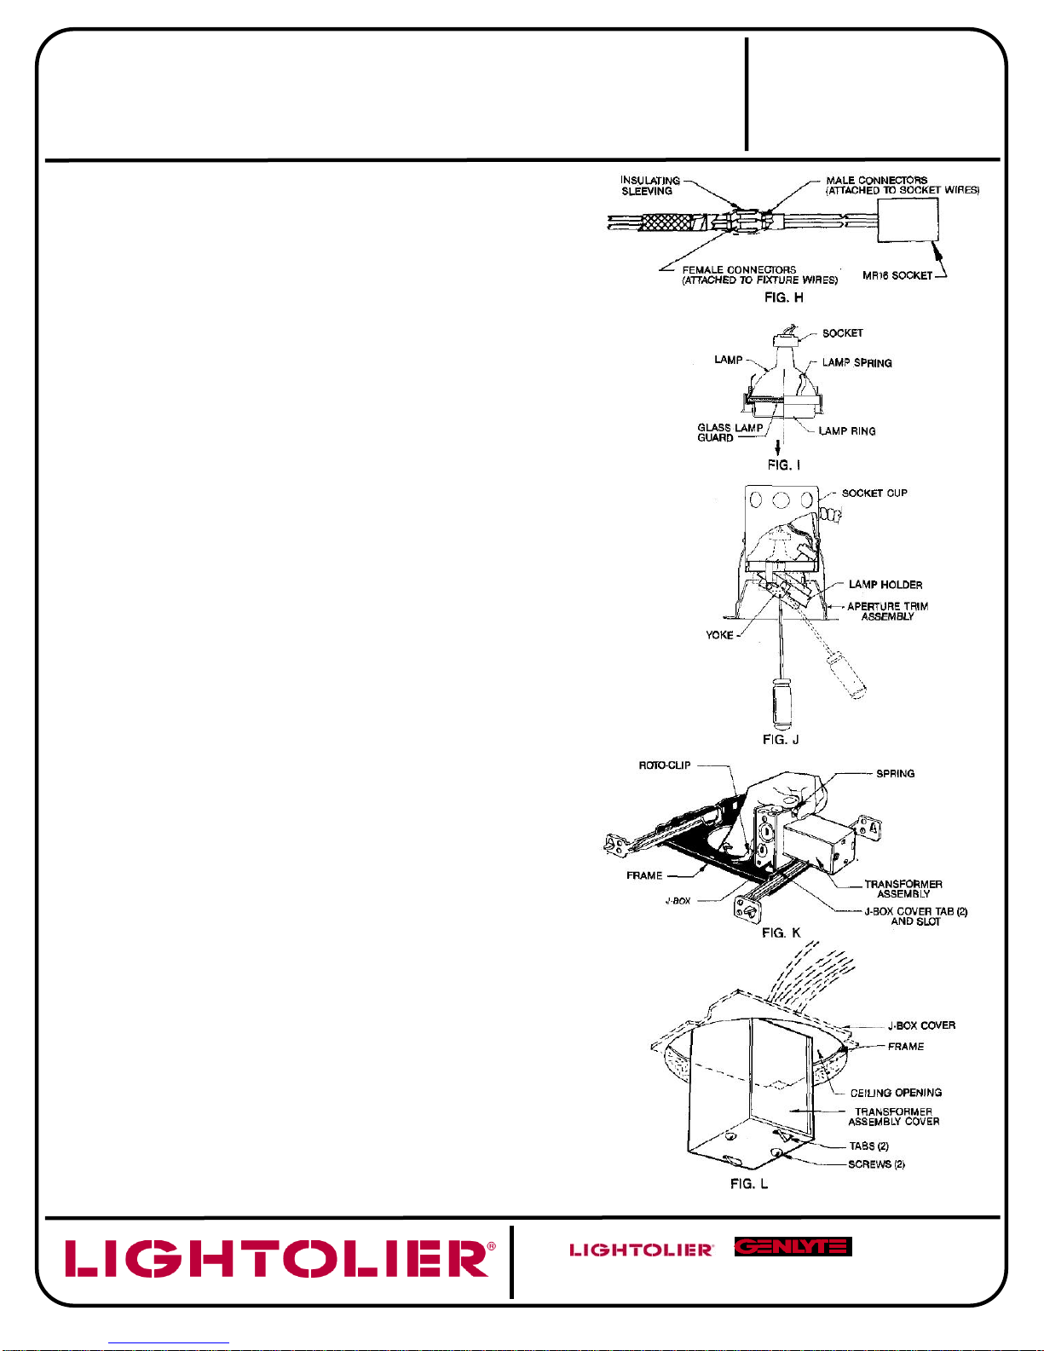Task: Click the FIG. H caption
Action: tap(783, 297)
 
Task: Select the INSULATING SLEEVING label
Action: tap(650, 185)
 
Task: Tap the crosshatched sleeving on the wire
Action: tap(665, 222)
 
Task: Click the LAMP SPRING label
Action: tap(857, 362)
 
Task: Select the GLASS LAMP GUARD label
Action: tap(730, 432)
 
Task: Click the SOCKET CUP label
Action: tap(874, 493)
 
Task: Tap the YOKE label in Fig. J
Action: tap(719, 635)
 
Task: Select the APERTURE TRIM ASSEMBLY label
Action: tap(887, 611)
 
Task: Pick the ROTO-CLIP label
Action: tap(664, 765)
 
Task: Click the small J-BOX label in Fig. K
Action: tap(678, 901)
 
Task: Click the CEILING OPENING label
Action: tap(896, 1093)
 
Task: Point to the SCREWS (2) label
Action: tap(876, 1163)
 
